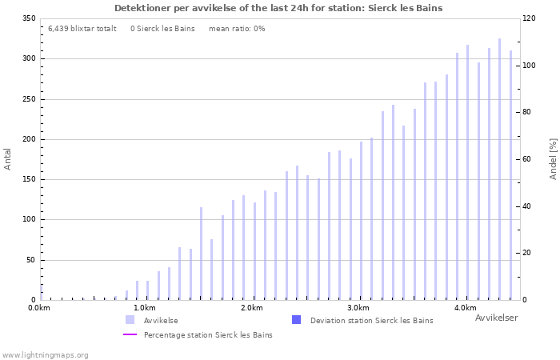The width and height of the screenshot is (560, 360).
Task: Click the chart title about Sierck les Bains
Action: pyautogui.click(x=278, y=8)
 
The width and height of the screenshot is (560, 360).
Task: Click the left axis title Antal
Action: pyautogui.click(x=8, y=158)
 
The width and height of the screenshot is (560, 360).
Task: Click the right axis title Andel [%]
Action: pyautogui.click(x=553, y=158)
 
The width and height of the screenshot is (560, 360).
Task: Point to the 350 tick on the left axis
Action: pyautogui.click(x=28, y=18)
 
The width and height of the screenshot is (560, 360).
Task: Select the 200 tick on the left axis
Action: pyautogui.click(x=28, y=139)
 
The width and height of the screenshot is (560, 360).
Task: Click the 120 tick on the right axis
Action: pyautogui.click(x=530, y=18)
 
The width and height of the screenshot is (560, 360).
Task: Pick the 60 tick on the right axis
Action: pyautogui.click(x=528, y=159)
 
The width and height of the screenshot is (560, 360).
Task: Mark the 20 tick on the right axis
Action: pyautogui.click(x=528, y=253)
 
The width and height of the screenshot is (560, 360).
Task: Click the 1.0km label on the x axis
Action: pyautogui.click(x=144, y=308)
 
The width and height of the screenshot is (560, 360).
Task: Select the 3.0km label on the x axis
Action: pyautogui.click(x=358, y=308)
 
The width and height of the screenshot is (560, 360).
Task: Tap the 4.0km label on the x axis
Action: pyautogui.click(x=465, y=308)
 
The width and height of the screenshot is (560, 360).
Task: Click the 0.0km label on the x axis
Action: pyautogui.click(x=39, y=308)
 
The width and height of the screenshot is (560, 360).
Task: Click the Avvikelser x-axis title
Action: pyautogui.click(x=496, y=318)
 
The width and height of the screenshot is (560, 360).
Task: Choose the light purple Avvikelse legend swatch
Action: pyautogui.click(x=130, y=320)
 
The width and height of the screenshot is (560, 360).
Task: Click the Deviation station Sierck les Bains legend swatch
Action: pyautogui.click(x=296, y=320)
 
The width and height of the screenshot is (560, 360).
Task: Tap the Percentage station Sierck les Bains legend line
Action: pyautogui.click(x=130, y=335)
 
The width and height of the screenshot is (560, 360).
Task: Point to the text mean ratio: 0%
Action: pyautogui.click(x=237, y=29)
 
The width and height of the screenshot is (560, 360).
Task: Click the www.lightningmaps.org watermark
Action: pyautogui.click(x=45, y=354)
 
